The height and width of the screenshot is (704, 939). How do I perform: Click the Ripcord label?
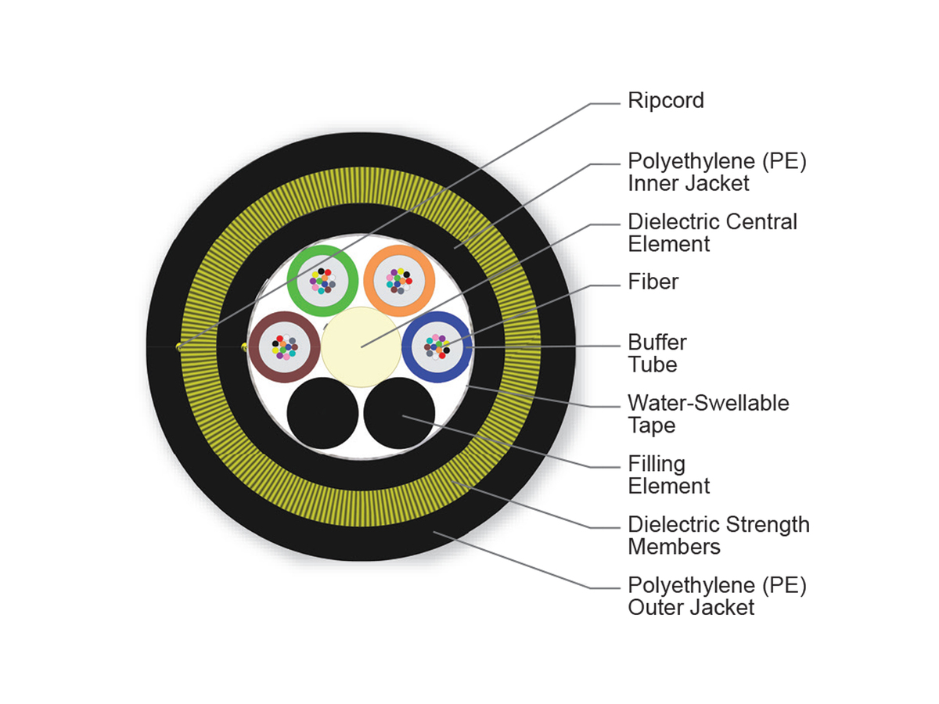(666, 101)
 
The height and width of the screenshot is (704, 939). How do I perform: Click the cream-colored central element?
(361, 347)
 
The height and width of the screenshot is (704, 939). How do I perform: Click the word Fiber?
(653, 282)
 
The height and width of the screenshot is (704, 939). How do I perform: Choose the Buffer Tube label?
(657, 354)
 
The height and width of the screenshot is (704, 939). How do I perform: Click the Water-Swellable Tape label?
(708, 415)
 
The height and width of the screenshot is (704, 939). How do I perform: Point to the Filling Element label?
(668, 475)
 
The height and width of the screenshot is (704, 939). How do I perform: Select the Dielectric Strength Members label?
(718, 535)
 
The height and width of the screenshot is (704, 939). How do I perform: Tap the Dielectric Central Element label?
(712, 232)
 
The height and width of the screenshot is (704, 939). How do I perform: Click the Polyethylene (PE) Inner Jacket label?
(717, 172)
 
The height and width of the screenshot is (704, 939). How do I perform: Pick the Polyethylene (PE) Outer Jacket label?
(717, 596)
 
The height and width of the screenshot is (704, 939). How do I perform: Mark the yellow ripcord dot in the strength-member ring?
(179, 347)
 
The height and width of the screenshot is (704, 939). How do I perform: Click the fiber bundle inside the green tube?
(323, 280)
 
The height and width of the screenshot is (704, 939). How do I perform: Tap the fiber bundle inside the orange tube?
(398, 280)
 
